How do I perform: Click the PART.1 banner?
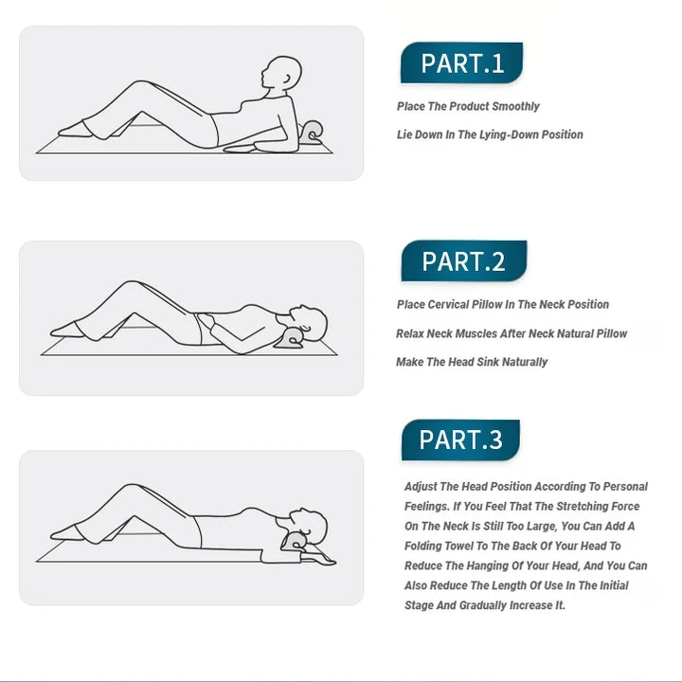pos(461,63)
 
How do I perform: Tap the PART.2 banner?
pos(462,261)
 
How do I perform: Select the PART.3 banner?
pos(460,440)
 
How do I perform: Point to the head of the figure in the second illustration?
pos(311,323)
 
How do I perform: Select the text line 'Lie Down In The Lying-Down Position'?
pos(490,135)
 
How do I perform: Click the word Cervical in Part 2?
pos(449,304)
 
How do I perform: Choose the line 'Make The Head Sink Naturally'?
pos(472,362)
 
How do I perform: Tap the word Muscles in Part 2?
pos(475,333)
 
